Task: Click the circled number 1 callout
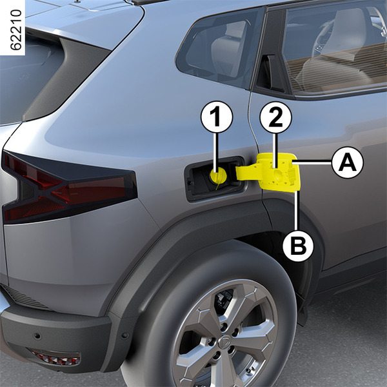point(217,117)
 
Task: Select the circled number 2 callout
point(275,117)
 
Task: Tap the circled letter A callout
point(348,162)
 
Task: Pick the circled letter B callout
point(298,246)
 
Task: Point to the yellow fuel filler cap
point(218,175)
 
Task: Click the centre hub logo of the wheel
point(225,342)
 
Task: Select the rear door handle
point(270,74)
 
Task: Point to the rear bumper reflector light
point(55,357)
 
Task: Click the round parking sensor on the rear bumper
point(37,335)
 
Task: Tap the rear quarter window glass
point(217,47)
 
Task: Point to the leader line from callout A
point(312,162)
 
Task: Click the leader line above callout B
point(297,210)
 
